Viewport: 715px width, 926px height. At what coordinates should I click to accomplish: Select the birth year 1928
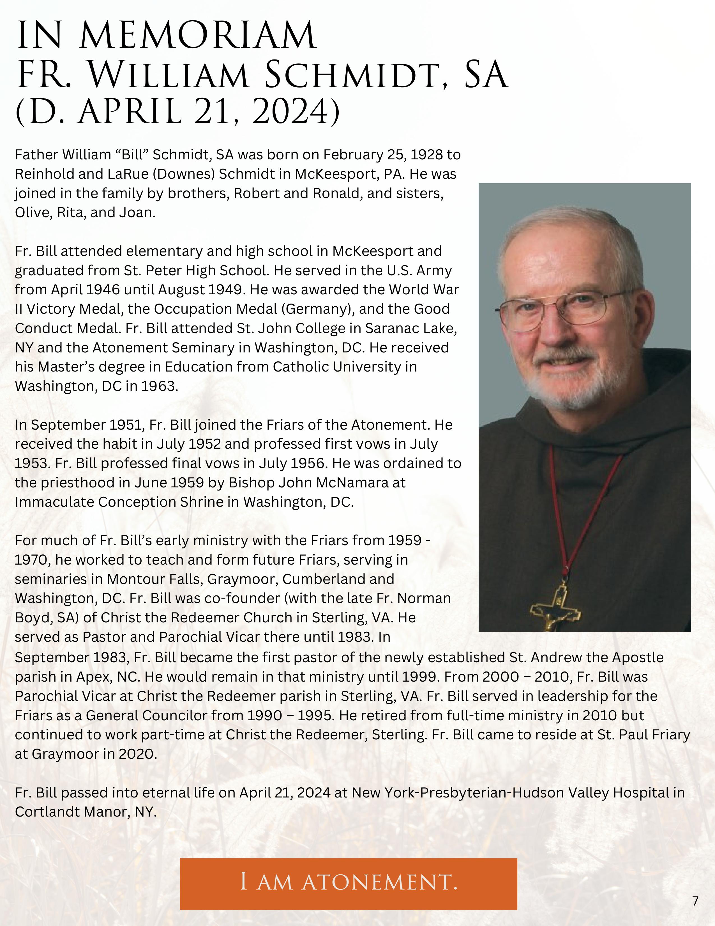coord(426,155)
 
